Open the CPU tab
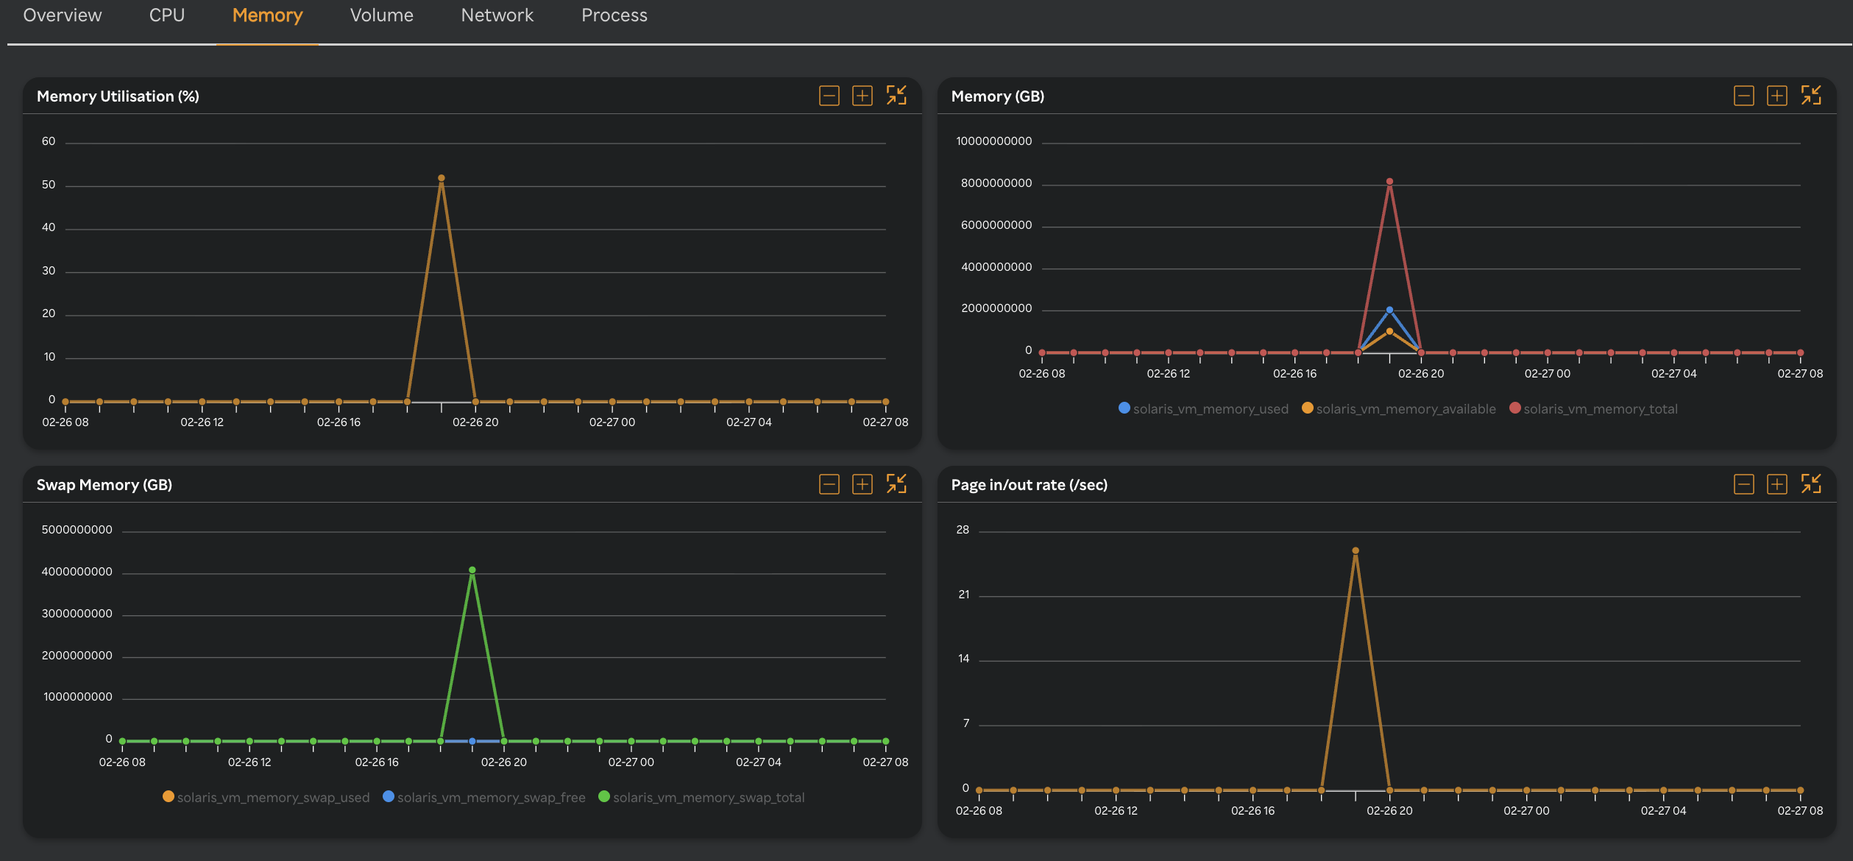click(166, 15)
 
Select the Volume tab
click(381, 15)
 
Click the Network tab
click(497, 15)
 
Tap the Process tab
click(614, 15)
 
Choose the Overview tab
click(63, 15)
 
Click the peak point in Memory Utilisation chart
click(442, 178)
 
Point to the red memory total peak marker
click(1389, 182)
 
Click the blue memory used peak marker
click(1389, 311)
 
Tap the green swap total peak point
click(472, 570)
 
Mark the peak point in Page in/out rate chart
click(1356, 550)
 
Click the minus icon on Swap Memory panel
click(829, 484)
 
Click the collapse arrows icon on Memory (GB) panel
click(1811, 96)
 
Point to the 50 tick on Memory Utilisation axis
click(49, 185)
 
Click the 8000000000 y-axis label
click(996, 183)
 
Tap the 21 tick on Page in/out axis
click(964, 595)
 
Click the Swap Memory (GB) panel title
click(104, 485)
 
